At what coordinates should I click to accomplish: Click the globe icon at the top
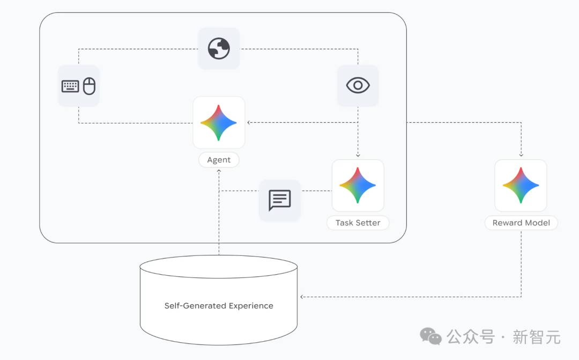219,49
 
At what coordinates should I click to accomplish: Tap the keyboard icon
70,86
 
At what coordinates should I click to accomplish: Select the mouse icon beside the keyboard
89,86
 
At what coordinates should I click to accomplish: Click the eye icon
358,85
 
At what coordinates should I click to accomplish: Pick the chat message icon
279,200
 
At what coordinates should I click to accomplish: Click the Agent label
219,160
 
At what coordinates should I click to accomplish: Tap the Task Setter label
358,223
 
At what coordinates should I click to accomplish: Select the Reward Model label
521,223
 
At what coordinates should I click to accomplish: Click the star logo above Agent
219,123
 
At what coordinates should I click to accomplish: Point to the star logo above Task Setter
358,185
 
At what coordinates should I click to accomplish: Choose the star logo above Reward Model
521,185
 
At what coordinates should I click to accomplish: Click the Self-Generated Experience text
219,306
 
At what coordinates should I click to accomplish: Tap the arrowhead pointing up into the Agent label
219,171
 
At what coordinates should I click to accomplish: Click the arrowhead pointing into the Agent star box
249,123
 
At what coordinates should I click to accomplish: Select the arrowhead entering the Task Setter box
358,156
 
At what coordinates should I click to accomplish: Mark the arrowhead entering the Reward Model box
521,156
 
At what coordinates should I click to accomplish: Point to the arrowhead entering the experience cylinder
302,297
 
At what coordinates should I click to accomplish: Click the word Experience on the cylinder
251,306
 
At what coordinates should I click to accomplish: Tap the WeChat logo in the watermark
430,336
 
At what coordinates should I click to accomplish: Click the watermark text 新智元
536,337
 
